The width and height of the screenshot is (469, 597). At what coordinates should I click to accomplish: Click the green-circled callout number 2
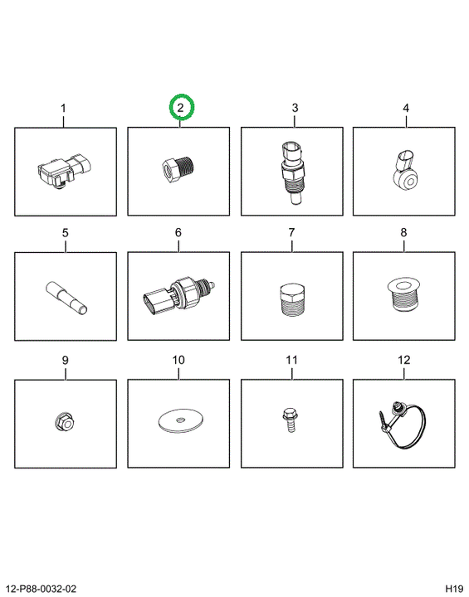click(180, 108)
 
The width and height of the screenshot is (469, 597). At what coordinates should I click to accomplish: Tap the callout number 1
click(63, 108)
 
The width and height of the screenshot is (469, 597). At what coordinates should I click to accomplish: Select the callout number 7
click(291, 232)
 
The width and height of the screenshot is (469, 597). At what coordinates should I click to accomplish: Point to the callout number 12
click(403, 360)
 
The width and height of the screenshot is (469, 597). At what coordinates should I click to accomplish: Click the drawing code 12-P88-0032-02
click(42, 589)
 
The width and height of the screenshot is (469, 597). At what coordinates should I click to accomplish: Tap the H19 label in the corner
click(454, 589)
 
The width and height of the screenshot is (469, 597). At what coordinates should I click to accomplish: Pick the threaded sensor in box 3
click(292, 172)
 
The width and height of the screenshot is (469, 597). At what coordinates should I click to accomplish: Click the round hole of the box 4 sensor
click(410, 182)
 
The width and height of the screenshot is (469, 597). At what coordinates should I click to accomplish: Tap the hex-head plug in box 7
click(292, 300)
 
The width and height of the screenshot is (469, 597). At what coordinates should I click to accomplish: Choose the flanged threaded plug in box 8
click(403, 294)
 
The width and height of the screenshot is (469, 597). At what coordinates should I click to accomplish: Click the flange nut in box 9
click(65, 422)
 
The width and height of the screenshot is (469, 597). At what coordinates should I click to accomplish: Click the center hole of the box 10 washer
click(180, 420)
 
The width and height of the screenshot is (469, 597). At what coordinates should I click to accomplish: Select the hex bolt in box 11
click(290, 420)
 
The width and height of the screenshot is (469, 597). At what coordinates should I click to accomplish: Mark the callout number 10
click(178, 360)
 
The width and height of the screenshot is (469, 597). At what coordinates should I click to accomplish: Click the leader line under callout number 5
click(66, 245)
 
